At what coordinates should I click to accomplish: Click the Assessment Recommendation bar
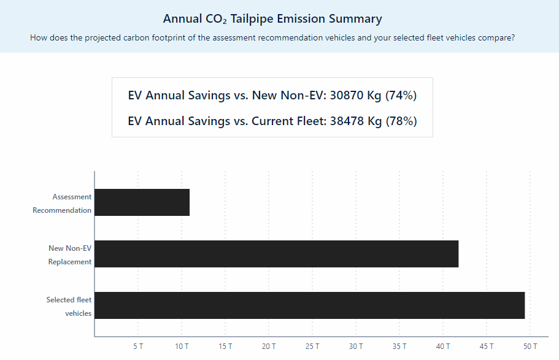point(142,202)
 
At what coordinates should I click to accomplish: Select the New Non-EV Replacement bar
point(276,254)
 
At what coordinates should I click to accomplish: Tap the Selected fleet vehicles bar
point(309,305)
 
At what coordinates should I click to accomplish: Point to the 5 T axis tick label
point(138,347)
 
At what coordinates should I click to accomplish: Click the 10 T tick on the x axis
point(182,347)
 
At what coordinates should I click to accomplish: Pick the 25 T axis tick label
point(312,347)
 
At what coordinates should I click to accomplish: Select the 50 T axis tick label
point(530,347)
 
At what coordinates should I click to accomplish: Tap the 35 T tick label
point(399,347)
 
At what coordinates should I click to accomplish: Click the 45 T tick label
point(487,347)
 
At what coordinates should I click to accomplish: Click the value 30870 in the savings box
point(347,96)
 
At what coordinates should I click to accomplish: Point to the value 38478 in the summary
point(347,121)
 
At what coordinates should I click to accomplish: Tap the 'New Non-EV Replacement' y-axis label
point(70,255)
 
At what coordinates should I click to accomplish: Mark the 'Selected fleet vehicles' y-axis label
point(69,307)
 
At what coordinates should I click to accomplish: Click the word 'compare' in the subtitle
point(496,38)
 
